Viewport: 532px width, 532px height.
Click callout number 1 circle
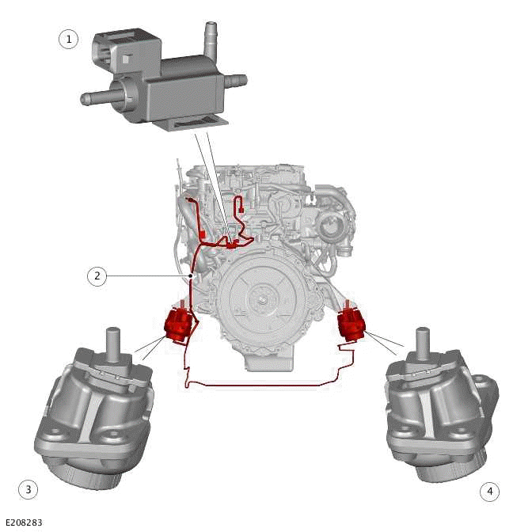pyautogui.click(x=69, y=39)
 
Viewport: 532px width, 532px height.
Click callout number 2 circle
pyautogui.click(x=97, y=276)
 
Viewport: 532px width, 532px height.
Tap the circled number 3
pyautogui.click(x=28, y=490)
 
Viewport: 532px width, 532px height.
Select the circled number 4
pyautogui.click(x=489, y=492)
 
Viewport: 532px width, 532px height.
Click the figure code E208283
pyautogui.click(x=23, y=522)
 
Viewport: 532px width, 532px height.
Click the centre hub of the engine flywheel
pyautogui.click(x=260, y=299)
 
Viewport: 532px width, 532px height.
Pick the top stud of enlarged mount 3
pyautogui.click(x=114, y=339)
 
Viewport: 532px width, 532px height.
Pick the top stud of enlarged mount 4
pyautogui.click(x=423, y=338)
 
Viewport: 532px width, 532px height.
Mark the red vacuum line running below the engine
pyautogui.click(x=261, y=386)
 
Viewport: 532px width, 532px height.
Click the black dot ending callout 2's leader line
pyautogui.click(x=192, y=276)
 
